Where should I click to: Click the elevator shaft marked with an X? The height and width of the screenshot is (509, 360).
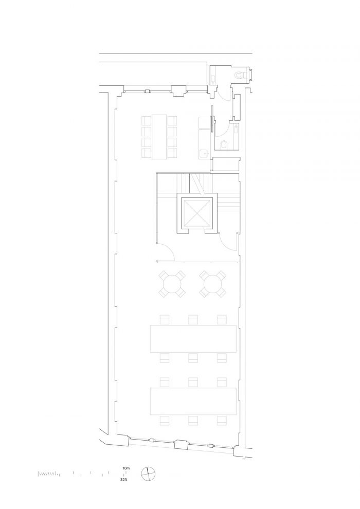pyautogui.click(x=197, y=213)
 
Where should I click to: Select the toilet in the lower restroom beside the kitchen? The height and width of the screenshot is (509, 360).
pyautogui.click(x=224, y=145)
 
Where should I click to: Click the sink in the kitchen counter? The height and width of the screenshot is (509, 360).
pyautogui.click(x=204, y=153)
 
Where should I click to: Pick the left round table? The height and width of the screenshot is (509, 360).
pyautogui.click(x=172, y=284)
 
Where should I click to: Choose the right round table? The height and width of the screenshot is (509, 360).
pyautogui.click(x=212, y=284)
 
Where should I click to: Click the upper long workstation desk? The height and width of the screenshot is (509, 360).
pyautogui.click(x=193, y=339)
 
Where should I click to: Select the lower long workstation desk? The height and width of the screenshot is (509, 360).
pyautogui.click(x=193, y=401)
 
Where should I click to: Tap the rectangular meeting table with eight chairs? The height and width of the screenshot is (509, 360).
pyautogui.click(x=159, y=137)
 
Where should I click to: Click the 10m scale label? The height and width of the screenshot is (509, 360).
pyautogui.click(x=126, y=468)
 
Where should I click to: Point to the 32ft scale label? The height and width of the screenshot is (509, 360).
pyautogui.click(x=123, y=479)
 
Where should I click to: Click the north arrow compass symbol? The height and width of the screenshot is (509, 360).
pyautogui.click(x=148, y=474)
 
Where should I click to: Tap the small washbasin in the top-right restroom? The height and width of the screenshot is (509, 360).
pyautogui.click(x=212, y=79)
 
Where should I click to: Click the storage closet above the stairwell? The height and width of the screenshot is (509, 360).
pyautogui.click(x=226, y=164)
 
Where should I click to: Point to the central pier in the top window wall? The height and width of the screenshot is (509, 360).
pyautogui.click(x=178, y=91)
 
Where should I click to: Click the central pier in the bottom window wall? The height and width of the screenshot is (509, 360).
pyautogui.click(x=182, y=444)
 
